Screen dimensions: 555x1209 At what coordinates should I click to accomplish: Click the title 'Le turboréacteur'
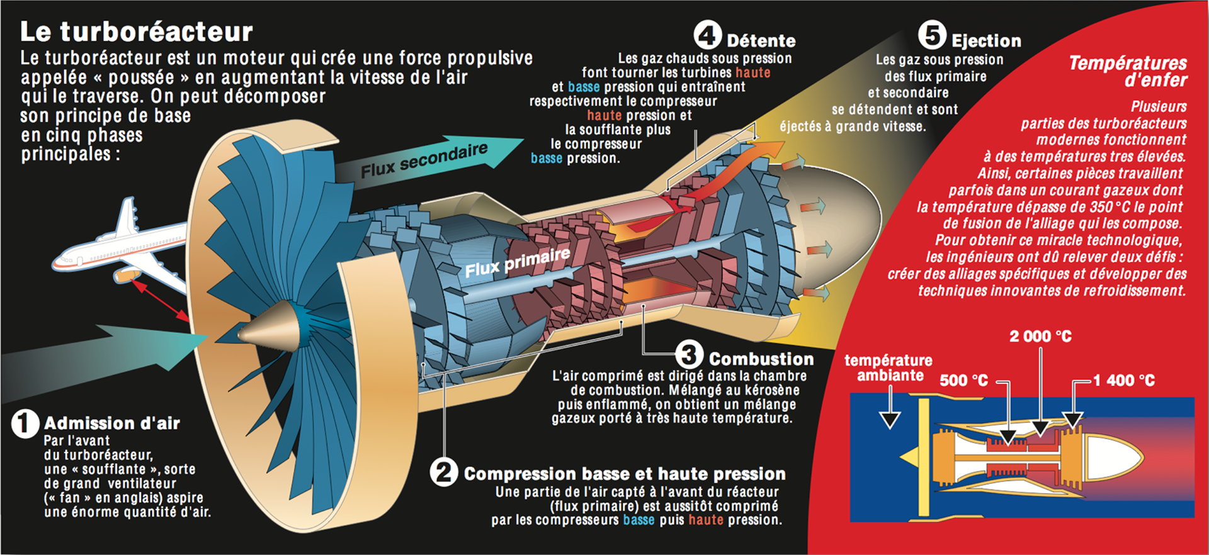[136, 31]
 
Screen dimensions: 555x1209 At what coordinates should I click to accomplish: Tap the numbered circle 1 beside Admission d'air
[25, 423]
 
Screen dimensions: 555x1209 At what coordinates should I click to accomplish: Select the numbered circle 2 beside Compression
[444, 472]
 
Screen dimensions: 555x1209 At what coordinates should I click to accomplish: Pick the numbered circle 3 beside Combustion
[689, 355]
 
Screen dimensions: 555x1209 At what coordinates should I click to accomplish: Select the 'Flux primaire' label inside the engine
[518, 262]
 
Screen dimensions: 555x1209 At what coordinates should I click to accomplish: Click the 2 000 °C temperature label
[1040, 337]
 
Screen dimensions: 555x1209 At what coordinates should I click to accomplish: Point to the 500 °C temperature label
[963, 381]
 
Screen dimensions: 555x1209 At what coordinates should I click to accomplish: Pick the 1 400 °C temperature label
[1124, 381]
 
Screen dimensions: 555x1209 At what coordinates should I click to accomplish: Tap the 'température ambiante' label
[888, 368]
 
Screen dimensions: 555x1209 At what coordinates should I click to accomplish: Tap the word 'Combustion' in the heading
[761, 359]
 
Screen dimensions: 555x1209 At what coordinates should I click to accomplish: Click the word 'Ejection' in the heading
[986, 41]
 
